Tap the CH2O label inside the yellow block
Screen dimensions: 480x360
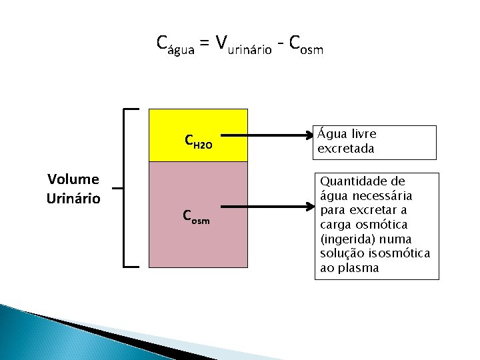[x=198, y=142]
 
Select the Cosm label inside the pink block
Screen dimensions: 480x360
[x=196, y=217]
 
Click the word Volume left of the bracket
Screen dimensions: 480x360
[x=73, y=179]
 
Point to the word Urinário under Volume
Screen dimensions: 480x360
[x=73, y=199]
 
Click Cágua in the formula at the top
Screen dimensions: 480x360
[x=175, y=44]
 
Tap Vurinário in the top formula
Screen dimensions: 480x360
[x=243, y=45]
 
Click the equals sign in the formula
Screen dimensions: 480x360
[x=204, y=43]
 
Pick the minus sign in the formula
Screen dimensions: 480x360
[x=282, y=44]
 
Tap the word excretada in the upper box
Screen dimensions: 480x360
[x=346, y=149]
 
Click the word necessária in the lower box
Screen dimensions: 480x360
[x=381, y=196]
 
